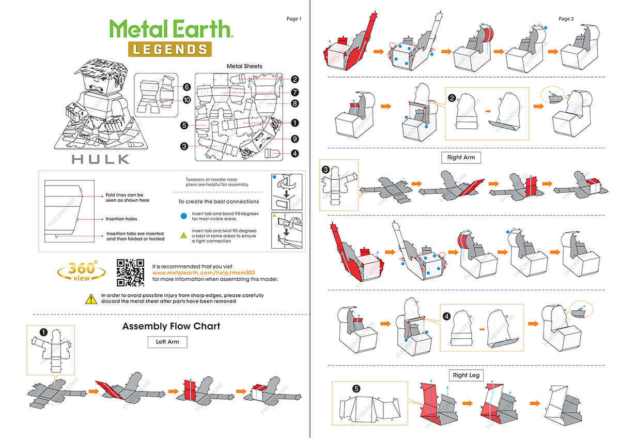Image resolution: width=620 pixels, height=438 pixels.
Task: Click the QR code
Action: pos(130,272)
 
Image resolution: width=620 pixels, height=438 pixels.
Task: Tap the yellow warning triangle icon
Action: pos(91,298)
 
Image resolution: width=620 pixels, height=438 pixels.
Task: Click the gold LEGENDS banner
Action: pos(169,49)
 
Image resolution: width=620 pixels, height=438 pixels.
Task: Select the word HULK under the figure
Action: pos(101,159)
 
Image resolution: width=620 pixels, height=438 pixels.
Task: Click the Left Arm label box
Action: pos(167,342)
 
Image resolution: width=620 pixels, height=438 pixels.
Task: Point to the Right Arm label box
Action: pos(461,157)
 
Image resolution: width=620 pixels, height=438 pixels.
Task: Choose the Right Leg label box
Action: pos(467,375)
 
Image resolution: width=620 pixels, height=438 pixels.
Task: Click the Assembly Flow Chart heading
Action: pos(171,326)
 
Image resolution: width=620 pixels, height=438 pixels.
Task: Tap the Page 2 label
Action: pos(566,19)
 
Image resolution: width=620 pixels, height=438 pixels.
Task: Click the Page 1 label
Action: pos(293,19)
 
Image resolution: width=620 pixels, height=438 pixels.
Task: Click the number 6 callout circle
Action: pos(187,87)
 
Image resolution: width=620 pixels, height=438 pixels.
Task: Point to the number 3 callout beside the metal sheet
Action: pos(184,146)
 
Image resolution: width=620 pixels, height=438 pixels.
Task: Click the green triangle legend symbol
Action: pos(183,235)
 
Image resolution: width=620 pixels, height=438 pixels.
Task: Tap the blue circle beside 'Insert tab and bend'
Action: pos(183,216)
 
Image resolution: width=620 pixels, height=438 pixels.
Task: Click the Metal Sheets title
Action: pos(244,66)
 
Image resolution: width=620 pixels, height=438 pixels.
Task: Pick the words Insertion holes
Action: pos(121,219)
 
